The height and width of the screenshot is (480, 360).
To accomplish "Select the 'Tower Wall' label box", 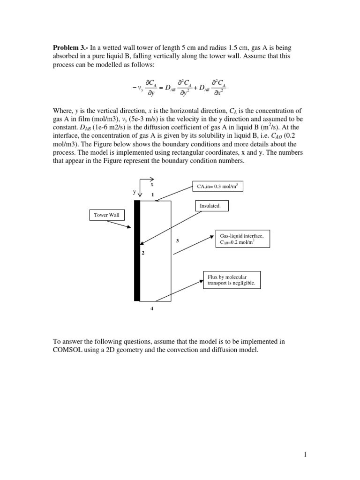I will (107, 215).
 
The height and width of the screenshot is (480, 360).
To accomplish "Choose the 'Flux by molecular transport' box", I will (231, 280).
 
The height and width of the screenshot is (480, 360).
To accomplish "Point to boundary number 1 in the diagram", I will (152, 194).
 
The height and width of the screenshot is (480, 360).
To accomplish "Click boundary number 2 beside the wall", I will (143, 253).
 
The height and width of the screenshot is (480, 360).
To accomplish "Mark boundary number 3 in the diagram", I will (177, 240).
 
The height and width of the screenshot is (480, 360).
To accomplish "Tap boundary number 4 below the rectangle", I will (151, 308).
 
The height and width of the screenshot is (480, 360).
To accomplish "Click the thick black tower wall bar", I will (137, 251).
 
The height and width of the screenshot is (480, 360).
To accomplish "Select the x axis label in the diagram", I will (152, 184).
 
